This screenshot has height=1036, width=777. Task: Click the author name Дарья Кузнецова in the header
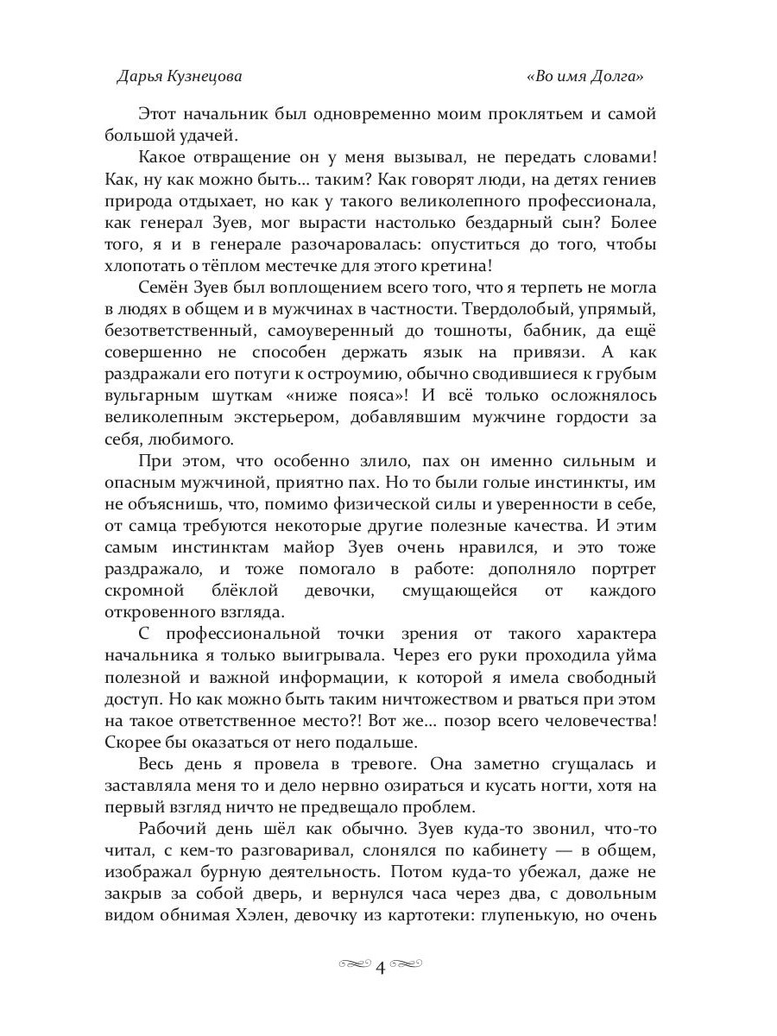pos(179,76)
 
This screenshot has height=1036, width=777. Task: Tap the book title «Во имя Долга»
pos(585,76)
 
